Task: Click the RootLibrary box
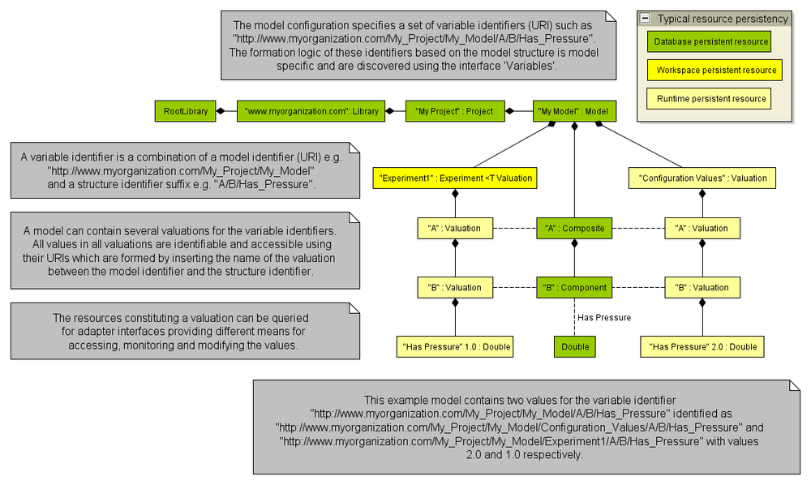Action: click(186, 111)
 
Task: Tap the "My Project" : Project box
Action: click(453, 111)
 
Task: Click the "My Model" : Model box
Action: click(574, 111)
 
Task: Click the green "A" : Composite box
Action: click(574, 229)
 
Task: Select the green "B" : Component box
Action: click(574, 288)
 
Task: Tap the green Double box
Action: click(574, 347)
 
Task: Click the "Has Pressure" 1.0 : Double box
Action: click(456, 347)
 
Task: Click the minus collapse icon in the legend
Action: click(646, 18)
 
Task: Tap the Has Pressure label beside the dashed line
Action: click(603, 318)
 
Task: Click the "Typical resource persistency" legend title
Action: click(722, 18)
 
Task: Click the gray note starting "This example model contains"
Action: click(526, 427)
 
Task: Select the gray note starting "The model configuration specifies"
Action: click(418, 45)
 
